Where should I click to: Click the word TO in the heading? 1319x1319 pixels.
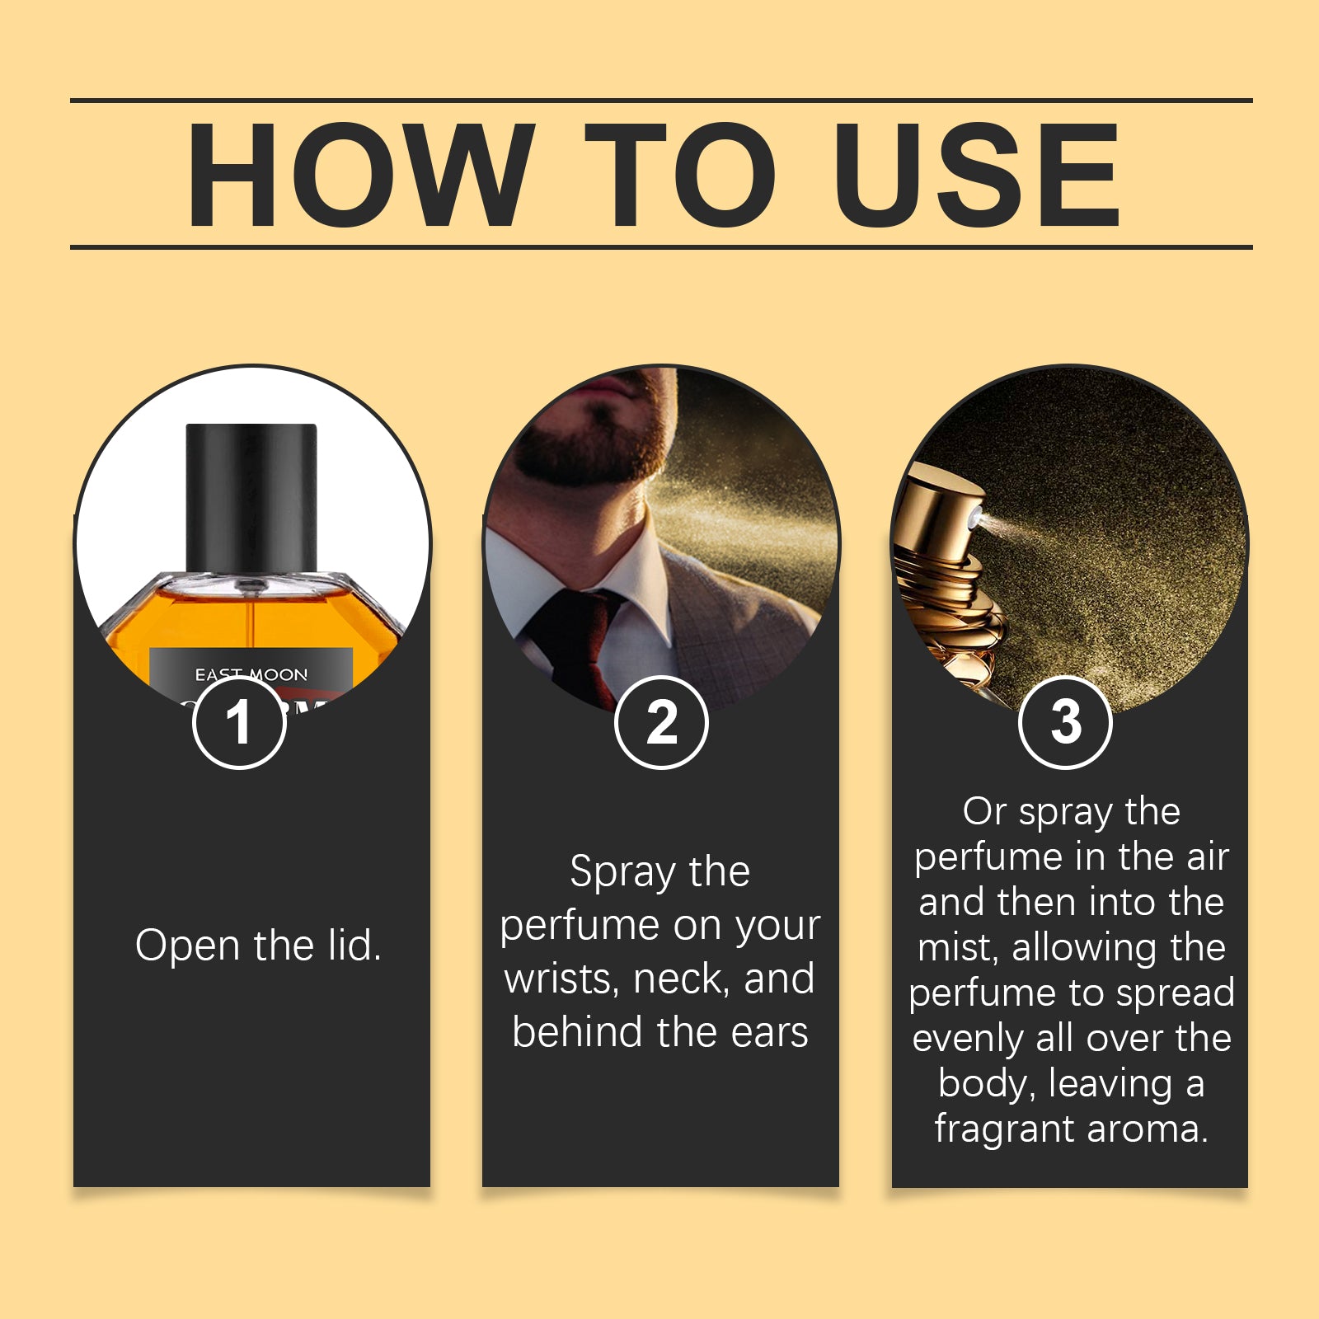680,175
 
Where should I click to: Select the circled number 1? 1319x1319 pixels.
239,722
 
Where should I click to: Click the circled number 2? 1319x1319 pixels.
661,722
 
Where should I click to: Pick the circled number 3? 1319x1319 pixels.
1065,722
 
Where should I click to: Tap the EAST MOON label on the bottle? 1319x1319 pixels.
251,674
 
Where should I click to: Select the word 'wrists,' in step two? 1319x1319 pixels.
561,979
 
